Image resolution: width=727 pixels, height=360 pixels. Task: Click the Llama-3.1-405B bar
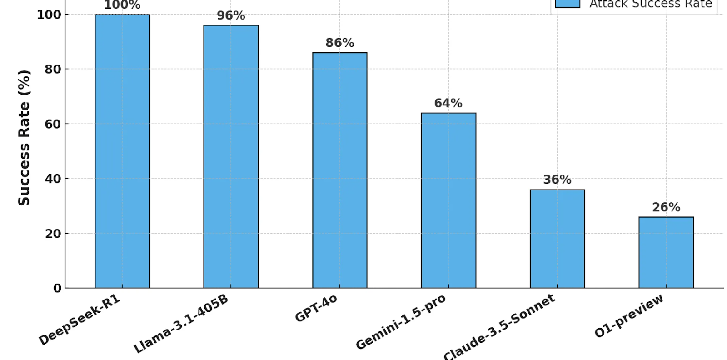pyautogui.click(x=231, y=157)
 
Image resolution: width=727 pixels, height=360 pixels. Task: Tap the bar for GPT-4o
pyautogui.click(x=339, y=170)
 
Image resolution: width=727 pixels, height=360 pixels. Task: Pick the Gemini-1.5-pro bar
pyautogui.click(x=448, y=200)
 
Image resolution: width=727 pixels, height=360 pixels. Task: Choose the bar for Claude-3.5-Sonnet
pyautogui.click(x=557, y=239)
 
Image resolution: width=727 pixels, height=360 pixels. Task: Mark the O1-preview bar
pyautogui.click(x=666, y=252)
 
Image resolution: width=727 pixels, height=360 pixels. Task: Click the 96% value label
pyautogui.click(x=231, y=16)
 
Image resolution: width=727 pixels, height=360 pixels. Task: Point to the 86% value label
pyautogui.click(x=339, y=43)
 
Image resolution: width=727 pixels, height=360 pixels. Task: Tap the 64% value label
pyautogui.click(x=448, y=104)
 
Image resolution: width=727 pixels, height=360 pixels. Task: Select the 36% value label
pyautogui.click(x=557, y=180)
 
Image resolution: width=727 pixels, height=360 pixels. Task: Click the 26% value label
pyautogui.click(x=666, y=208)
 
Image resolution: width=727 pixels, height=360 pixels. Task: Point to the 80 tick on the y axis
pyautogui.click(x=53, y=70)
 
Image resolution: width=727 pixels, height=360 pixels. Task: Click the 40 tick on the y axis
pyautogui.click(x=53, y=179)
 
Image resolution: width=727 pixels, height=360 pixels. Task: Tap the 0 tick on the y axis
pyautogui.click(x=57, y=288)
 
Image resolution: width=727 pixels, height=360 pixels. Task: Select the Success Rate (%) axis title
pyautogui.click(x=24, y=138)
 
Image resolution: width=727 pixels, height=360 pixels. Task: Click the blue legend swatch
pyautogui.click(x=568, y=4)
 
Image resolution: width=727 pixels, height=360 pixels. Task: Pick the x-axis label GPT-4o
pyautogui.click(x=316, y=308)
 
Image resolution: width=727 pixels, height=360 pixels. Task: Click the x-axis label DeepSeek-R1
pyautogui.click(x=80, y=320)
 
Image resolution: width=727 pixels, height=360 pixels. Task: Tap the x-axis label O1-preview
pyautogui.click(x=629, y=316)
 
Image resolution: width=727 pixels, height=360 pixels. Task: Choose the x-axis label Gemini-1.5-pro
pyautogui.click(x=401, y=322)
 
